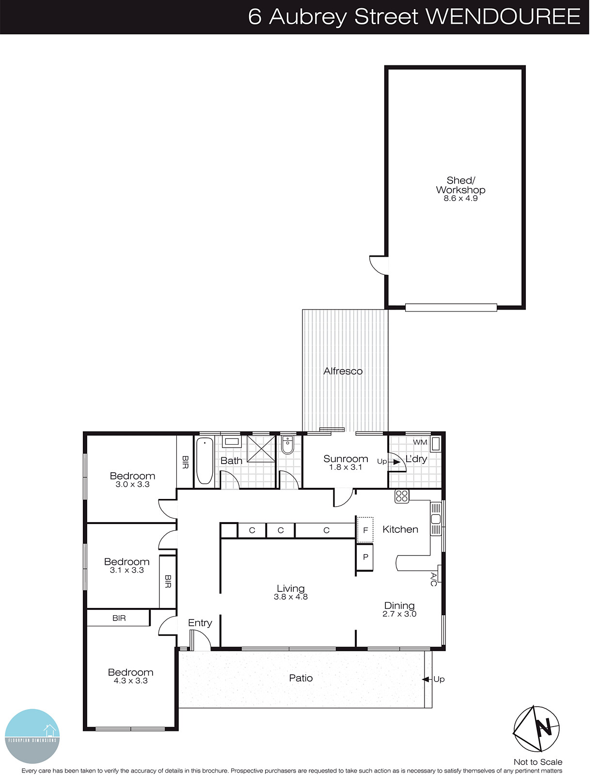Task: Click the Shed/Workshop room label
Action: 460,185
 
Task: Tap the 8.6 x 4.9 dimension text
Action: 460,198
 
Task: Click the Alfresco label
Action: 343,371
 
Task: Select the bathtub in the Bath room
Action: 205,461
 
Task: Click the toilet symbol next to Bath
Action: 287,445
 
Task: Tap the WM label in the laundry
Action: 420,442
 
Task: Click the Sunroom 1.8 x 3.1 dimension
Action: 346,467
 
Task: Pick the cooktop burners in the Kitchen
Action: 402,496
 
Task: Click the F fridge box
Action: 365,530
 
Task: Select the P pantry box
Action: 365,557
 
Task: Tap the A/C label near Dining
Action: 434,579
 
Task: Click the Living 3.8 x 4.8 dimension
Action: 290,597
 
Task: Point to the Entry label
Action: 200,623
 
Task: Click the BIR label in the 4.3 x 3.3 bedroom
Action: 119,618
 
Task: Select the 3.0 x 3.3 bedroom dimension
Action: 132,484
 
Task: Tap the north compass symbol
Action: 536,728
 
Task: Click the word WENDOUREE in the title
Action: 503,16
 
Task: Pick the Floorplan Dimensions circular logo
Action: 32,736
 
